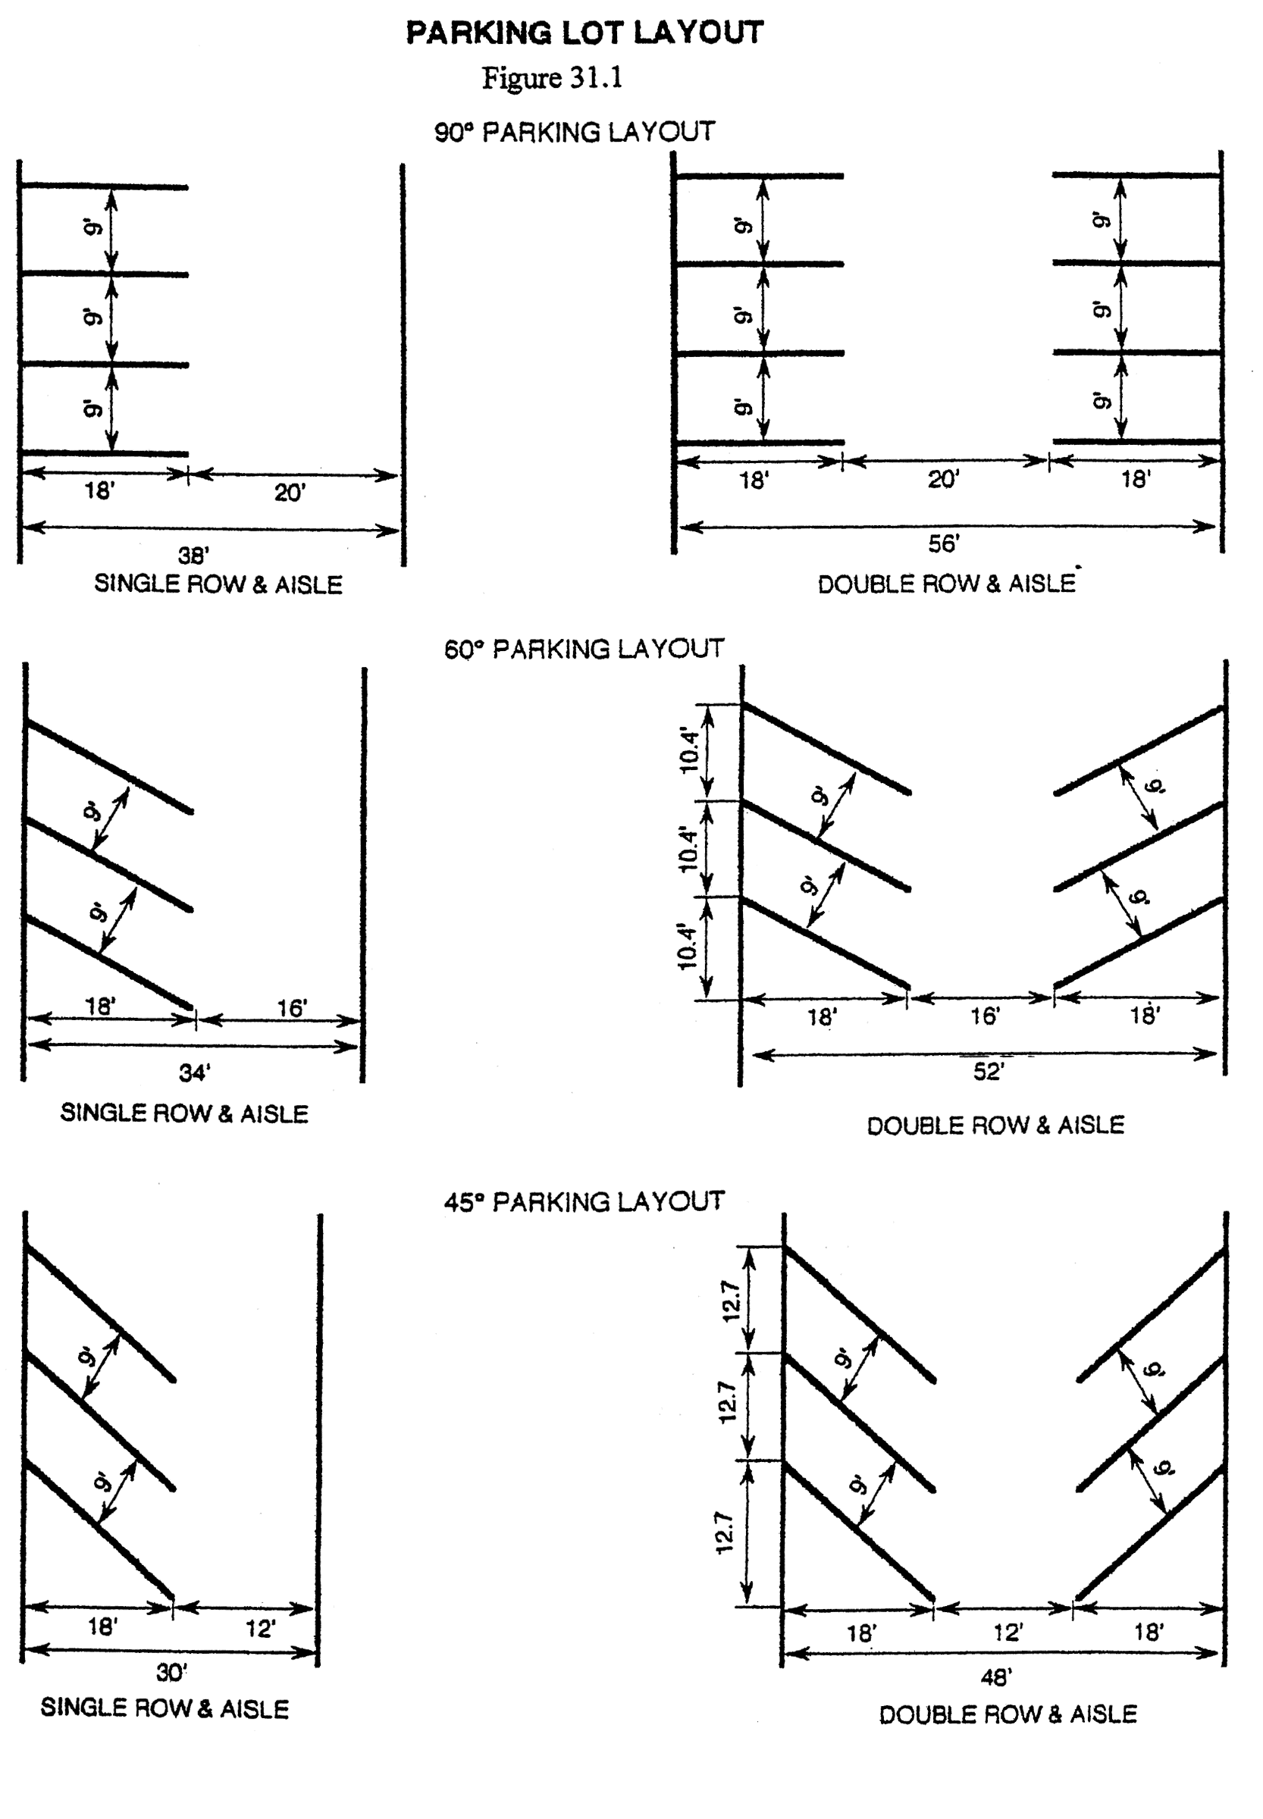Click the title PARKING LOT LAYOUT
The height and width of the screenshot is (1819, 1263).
pyautogui.click(x=584, y=33)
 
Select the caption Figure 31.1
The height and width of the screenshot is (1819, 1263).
pyautogui.click(x=553, y=78)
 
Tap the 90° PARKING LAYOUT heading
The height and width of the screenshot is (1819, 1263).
pyautogui.click(x=575, y=132)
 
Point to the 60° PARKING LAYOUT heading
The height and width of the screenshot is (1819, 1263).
pyautogui.click(x=584, y=650)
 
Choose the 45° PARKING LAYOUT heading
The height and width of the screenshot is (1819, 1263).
pyautogui.click(x=584, y=1203)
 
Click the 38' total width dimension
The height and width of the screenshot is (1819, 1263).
pyautogui.click(x=193, y=556)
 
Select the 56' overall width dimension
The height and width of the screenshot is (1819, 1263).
pyautogui.click(x=943, y=543)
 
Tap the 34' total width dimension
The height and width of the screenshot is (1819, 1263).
pyautogui.click(x=194, y=1074)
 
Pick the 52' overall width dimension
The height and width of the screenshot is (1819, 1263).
pyautogui.click(x=989, y=1071)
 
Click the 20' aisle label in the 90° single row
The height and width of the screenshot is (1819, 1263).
pyautogui.click(x=290, y=493)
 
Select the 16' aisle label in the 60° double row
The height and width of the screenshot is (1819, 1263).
pyautogui.click(x=986, y=1016)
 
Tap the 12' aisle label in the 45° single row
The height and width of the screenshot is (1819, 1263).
pyautogui.click(x=260, y=1629)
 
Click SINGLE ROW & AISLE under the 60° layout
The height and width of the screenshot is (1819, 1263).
pyautogui.click(x=184, y=1114)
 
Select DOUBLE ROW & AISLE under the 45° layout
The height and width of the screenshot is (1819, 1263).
pyautogui.click(x=1008, y=1714)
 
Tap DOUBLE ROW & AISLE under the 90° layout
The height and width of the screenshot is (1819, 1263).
pyautogui.click(x=946, y=584)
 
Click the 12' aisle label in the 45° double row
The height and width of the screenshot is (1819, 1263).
pyautogui.click(x=1008, y=1633)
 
